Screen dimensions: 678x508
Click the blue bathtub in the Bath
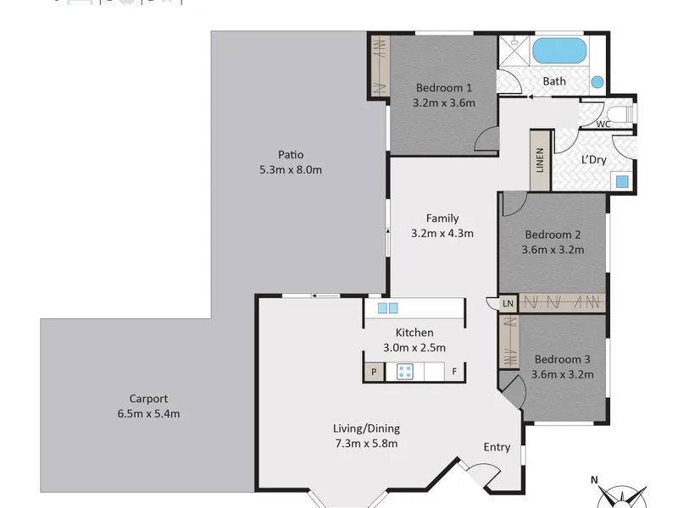(559, 51)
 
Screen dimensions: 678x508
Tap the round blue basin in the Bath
(597, 82)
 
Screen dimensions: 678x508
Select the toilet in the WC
(620, 113)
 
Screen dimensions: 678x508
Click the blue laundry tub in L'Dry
(622, 181)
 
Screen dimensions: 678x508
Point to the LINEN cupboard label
(540, 160)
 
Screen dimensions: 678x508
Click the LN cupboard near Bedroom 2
(508, 303)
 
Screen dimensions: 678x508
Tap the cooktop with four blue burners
(405, 372)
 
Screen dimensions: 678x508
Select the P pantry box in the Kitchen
(374, 372)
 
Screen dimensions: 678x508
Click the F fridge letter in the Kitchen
(454, 371)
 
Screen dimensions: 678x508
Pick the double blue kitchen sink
(388, 308)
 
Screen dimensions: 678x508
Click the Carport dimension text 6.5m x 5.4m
(149, 414)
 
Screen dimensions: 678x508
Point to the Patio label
(291, 155)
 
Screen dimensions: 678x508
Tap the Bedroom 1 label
(444, 88)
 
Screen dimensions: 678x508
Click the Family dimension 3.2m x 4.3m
(442, 234)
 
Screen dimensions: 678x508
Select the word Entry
(497, 447)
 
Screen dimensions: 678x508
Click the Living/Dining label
(366, 428)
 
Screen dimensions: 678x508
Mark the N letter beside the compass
(595, 479)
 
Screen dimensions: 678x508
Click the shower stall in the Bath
(514, 51)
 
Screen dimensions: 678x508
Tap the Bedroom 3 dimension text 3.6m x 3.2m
(563, 374)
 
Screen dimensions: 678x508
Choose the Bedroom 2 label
(553, 235)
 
